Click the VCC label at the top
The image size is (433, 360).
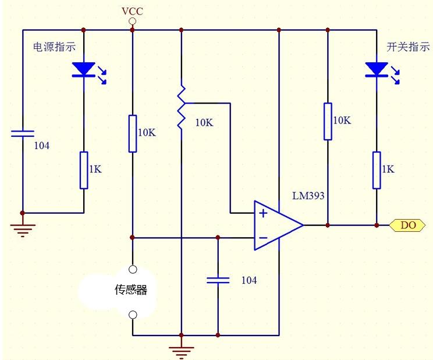coord(132,11)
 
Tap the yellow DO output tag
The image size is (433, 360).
coord(407,225)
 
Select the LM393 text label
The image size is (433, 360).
coord(308,196)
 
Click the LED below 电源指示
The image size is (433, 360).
coord(84,70)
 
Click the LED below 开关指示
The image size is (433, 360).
coord(377,70)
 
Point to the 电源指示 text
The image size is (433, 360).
coord(55,47)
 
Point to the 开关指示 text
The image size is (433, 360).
coord(408,47)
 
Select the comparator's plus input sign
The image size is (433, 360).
coord(263,213)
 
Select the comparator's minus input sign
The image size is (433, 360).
coord(263,237)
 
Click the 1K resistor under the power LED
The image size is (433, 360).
coord(84,170)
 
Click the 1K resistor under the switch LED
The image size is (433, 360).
coord(377,170)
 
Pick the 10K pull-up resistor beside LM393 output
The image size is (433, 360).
coord(328,121)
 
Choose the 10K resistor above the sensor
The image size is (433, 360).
coord(133,133)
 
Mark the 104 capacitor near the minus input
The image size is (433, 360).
coord(218,280)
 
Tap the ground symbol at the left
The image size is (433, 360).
coord(23,229)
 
